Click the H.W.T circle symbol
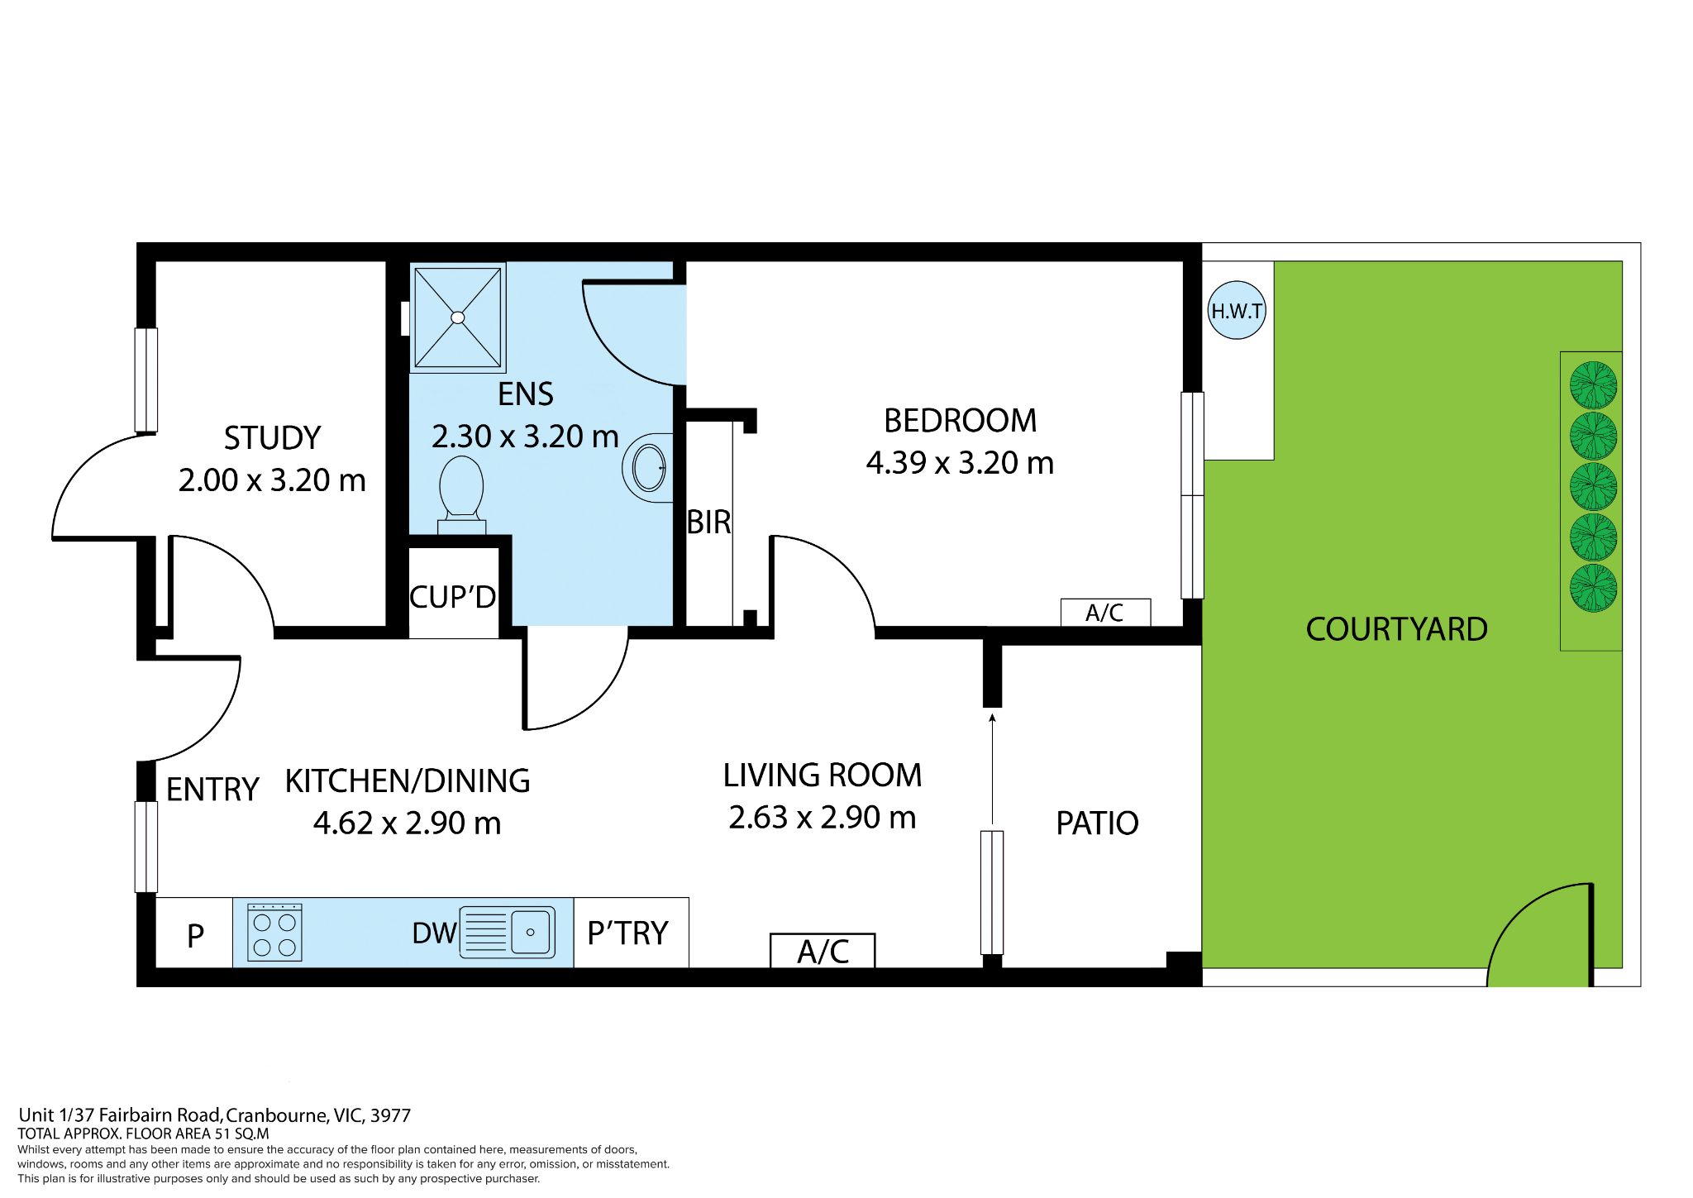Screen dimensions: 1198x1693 point(1237,311)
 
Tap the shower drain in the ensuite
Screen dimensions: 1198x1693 point(458,317)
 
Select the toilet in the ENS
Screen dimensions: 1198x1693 point(461,493)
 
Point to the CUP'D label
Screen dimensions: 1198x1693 point(452,597)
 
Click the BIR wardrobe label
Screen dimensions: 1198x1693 point(708,523)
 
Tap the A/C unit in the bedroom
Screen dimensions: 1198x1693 point(1105,613)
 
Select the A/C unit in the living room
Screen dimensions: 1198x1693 point(823,951)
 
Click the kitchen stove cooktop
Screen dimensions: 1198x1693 point(275,933)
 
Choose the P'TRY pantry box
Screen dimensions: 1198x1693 point(630,933)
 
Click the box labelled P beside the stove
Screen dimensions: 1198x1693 point(195,935)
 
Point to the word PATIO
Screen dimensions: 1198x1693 point(1097,823)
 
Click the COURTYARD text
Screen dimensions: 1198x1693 point(1396,630)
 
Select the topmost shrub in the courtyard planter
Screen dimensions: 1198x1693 point(1592,385)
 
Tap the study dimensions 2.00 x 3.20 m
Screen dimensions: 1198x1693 point(272,480)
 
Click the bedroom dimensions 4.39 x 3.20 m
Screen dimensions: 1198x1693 point(960,463)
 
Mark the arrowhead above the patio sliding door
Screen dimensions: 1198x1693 point(992,718)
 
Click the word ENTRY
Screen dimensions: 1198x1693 point(212,790)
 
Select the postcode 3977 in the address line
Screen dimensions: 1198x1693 point(390,1115)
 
